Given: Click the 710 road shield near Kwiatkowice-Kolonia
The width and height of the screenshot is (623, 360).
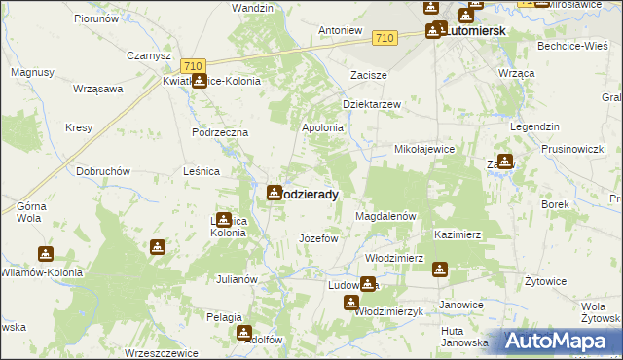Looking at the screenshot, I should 194,66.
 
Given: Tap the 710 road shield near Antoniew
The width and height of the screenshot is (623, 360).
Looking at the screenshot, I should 385,38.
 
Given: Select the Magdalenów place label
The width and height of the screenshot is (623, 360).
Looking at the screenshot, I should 386,216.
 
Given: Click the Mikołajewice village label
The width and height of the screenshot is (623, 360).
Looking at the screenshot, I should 424,150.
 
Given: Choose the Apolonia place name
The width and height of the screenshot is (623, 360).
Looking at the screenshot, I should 323,127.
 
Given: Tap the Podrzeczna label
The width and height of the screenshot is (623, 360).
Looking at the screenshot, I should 220,132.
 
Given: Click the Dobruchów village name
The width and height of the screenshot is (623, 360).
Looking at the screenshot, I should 103,171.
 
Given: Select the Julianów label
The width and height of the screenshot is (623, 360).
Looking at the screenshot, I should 237,279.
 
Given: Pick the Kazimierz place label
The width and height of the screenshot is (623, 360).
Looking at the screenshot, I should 458,235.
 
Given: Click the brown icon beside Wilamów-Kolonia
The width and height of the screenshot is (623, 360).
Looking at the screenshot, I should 46,254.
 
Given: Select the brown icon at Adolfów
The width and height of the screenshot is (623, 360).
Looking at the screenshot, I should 243,333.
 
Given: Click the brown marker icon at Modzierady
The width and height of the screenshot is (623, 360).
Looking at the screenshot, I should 275,193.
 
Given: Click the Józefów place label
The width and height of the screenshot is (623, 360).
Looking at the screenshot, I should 317,238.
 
